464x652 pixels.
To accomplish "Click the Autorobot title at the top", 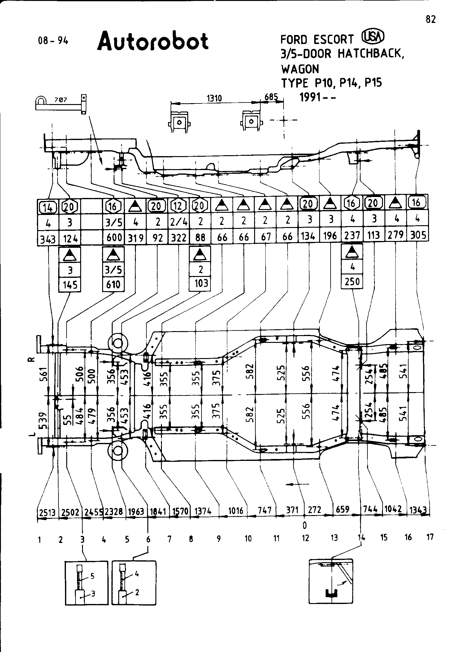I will [153, 41].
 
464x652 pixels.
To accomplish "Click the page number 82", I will [431, 20].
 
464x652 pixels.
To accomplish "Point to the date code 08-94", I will [53, 41].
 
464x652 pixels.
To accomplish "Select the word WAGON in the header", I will [300, 69].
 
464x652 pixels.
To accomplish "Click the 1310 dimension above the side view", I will [214, 98].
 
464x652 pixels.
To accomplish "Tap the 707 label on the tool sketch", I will [61, 100].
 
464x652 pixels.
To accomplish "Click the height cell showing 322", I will [179, 238].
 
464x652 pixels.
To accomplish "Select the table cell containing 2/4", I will [179, 222].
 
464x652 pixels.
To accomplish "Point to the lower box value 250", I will [352, 282].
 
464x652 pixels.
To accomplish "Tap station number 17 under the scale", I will [430, 537].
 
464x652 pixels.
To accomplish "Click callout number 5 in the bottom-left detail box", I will [92, 576].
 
